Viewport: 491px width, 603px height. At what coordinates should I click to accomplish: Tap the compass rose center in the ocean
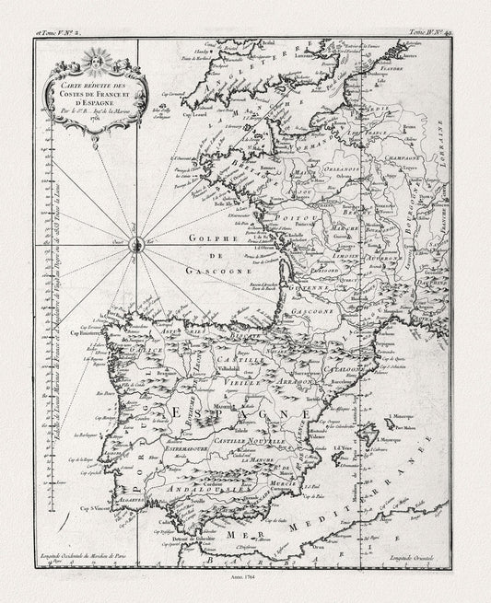click(x=135, y=244)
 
